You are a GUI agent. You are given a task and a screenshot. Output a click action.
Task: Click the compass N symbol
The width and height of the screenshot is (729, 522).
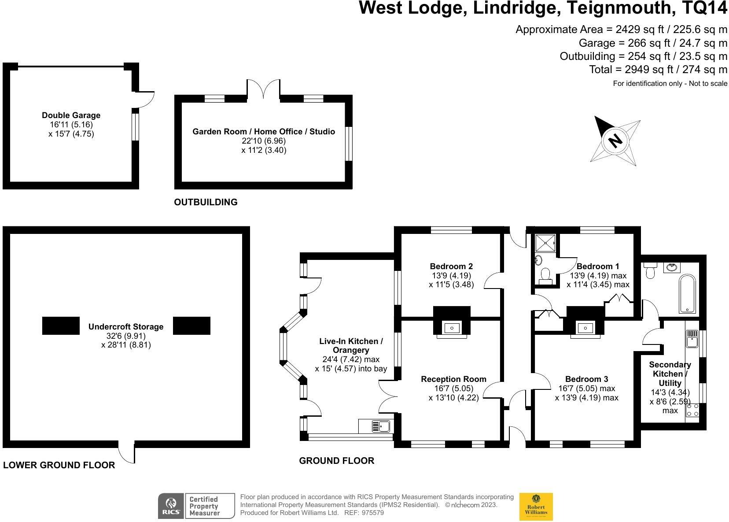(x=615, y=141)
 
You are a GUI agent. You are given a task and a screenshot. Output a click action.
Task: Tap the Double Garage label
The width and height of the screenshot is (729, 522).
(x=71, y=115)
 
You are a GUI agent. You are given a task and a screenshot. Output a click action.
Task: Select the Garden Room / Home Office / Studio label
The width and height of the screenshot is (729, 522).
(x=263, y=132)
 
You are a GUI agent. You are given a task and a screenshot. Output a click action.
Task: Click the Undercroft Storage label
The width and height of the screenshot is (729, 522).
(x=125, y=327)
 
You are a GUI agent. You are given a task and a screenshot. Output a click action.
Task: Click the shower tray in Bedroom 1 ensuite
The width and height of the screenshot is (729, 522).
(x=545, y=243)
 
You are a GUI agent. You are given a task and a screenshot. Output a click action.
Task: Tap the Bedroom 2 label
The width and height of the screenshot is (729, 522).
(x=451, y=267)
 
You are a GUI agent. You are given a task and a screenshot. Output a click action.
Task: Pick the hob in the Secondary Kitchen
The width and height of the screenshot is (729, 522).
(x=692, y=410)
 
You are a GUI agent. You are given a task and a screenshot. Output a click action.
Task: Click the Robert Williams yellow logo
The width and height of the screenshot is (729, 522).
(x=536, y=507)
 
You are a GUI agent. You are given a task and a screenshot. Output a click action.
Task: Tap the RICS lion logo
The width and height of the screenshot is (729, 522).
(x=171, y=506)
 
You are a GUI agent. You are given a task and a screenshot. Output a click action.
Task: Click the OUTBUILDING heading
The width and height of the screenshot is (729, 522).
(x=206, y=202)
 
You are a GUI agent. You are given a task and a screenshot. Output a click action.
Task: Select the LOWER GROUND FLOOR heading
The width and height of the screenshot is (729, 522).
(x=59, y=465)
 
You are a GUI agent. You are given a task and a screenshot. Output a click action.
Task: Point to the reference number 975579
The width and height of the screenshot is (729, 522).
(x=372, y=513)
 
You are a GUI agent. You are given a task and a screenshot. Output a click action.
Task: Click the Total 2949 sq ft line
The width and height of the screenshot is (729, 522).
(x=658, y=70)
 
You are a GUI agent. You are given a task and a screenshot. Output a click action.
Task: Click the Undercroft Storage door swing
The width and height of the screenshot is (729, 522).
(x=128, y=454)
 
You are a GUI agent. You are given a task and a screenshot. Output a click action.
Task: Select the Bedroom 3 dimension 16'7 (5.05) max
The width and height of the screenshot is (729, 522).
(x=586, y=389)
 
